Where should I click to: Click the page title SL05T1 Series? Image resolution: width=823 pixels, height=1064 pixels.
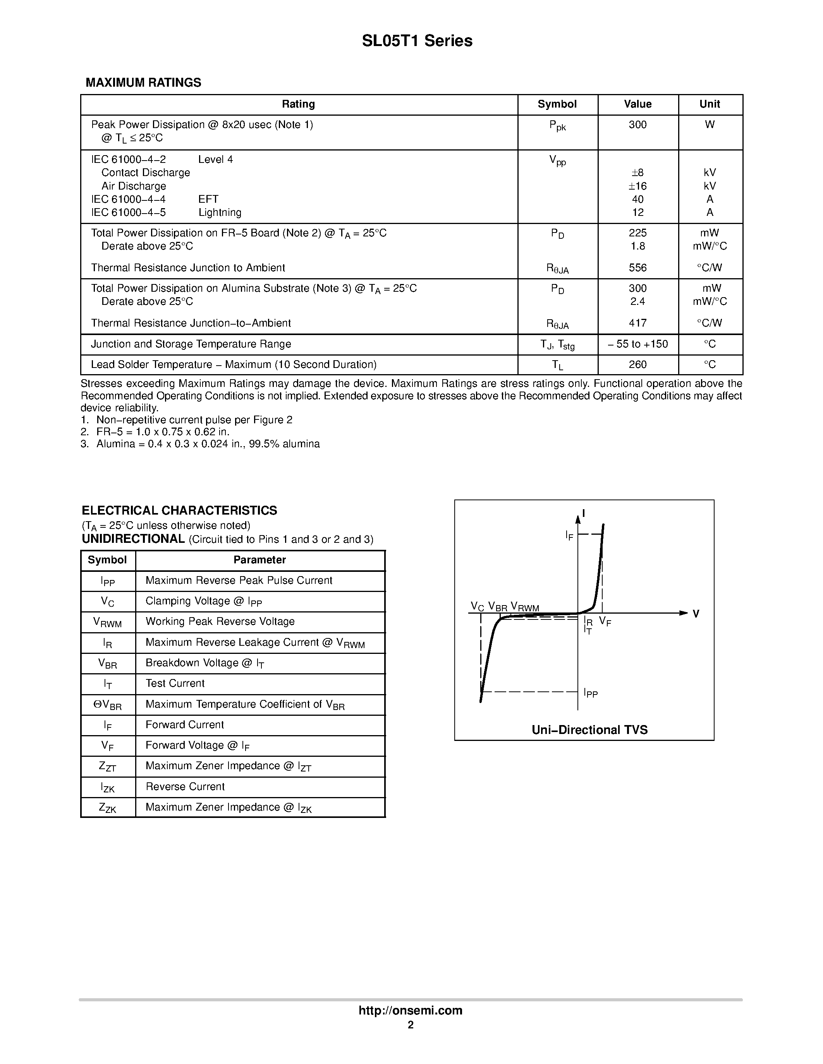pos(417,41)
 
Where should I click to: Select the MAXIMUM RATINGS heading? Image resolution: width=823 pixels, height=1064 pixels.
pos(143,83)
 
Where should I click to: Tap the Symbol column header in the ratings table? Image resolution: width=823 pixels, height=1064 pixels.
pos(557,104)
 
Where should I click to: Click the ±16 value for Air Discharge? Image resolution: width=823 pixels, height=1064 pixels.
pos(637,186)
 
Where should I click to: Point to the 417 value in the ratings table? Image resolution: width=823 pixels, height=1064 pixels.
pos(637,323)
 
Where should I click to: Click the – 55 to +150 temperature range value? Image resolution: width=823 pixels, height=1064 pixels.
pos(637,344)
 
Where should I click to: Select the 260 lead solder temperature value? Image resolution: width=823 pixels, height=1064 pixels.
pos(637,364)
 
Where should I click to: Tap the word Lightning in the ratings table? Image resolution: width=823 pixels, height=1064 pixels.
pos(220,212)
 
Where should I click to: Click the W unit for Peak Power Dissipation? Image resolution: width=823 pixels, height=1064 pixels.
pos(710,125)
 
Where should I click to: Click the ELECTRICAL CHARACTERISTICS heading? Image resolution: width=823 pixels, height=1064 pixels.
pos(179,511)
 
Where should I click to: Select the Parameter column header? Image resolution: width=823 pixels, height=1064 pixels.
pos(259,560)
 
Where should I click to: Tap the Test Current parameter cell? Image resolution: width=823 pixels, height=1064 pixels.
pos(175,684)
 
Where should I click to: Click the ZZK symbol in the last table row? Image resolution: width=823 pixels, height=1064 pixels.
pos(108,808)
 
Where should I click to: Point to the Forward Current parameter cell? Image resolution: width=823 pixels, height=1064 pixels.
pos(185,725)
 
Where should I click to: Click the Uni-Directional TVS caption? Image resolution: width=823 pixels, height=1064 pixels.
pos(589,730)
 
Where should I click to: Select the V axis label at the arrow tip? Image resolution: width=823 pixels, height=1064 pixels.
pos(696,614)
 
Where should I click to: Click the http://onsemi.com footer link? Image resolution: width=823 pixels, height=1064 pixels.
pos(411,1010)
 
